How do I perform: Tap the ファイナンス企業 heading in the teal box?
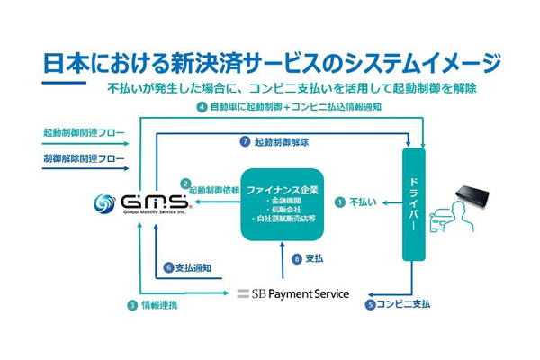(281, 190)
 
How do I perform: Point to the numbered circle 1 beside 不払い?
(339, 203)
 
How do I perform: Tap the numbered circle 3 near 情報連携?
(131, 305)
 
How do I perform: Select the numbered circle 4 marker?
(202, 107)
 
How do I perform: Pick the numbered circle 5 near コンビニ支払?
(370, 304)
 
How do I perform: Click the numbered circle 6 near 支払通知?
(168, 267)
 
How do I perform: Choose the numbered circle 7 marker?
(244, 142)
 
